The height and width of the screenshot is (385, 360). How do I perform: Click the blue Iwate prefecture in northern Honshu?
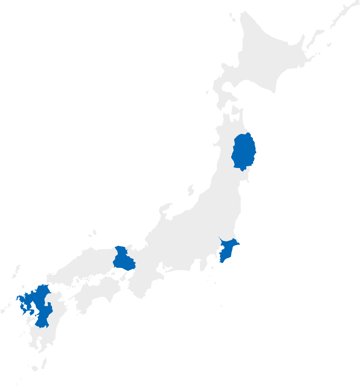[243, 152]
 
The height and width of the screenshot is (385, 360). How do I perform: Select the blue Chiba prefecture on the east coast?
[227, 250]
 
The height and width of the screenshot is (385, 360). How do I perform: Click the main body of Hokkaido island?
[263, 59]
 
